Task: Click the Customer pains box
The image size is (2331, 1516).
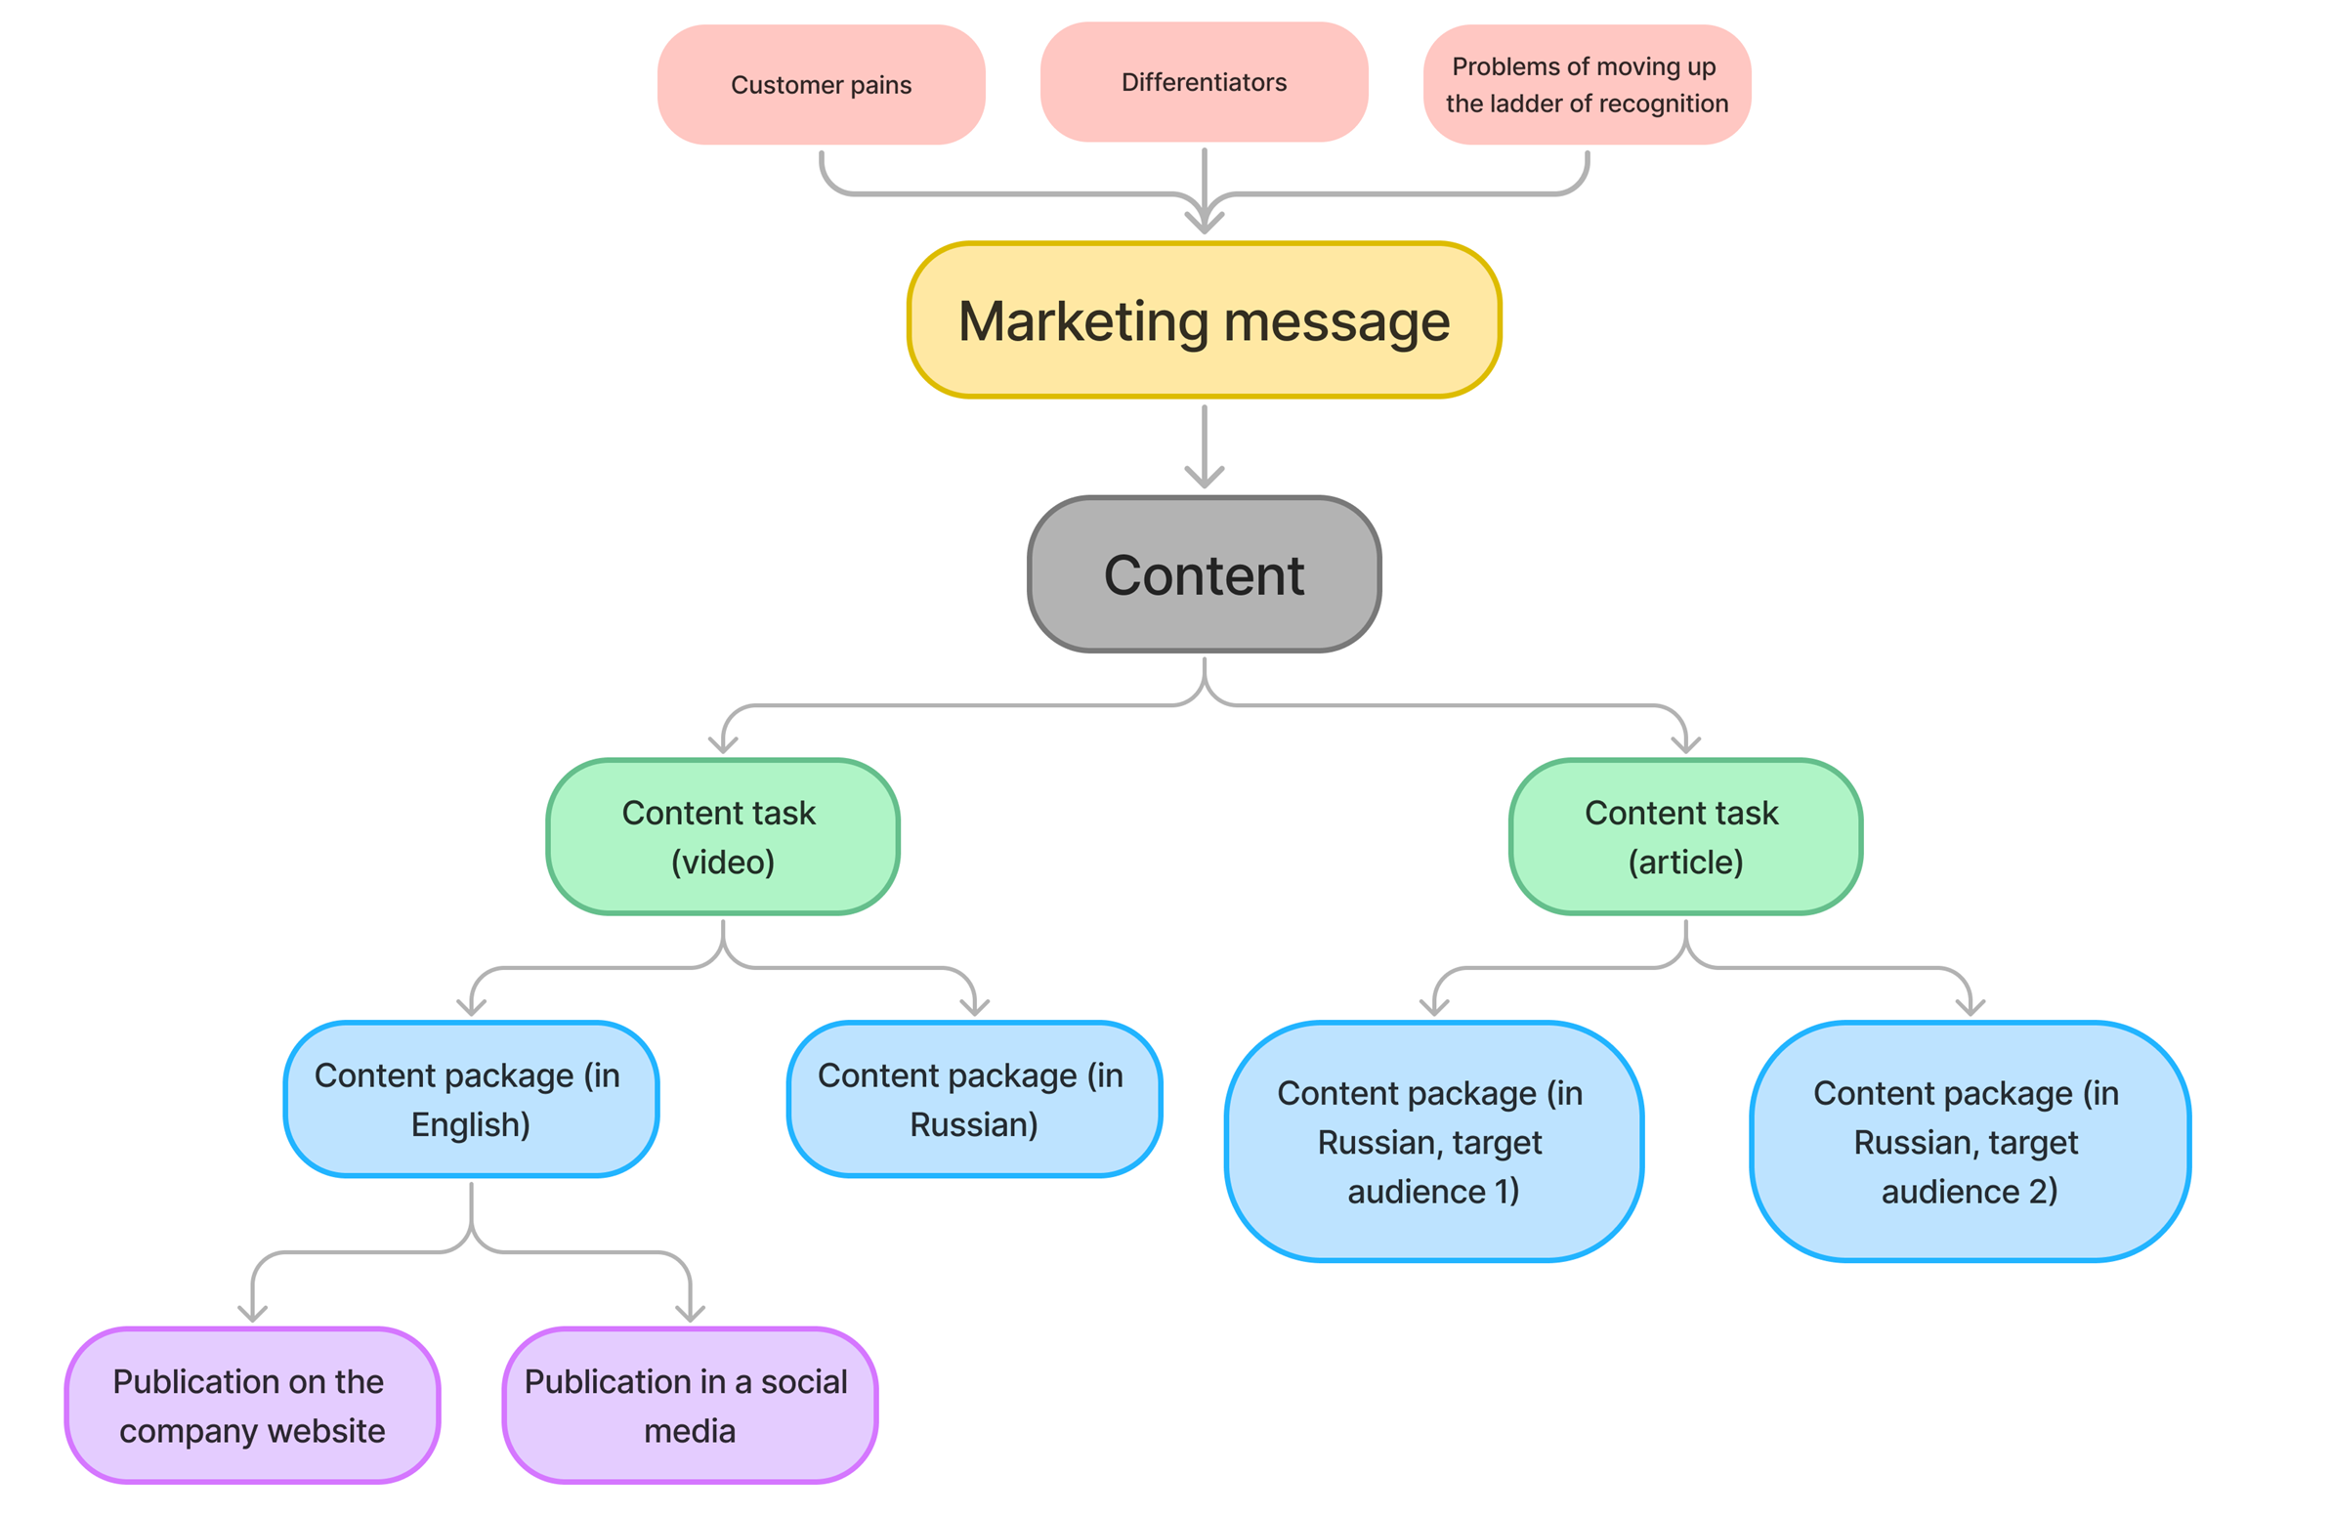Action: click(821, 85)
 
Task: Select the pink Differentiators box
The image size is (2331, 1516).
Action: click(1204, 82)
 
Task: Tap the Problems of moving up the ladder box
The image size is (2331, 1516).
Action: click(1587, 85)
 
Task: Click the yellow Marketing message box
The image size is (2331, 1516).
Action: click(1204, 320)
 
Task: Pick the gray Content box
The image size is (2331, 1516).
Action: click(1204, 574)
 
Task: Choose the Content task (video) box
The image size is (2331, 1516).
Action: click(723, 836)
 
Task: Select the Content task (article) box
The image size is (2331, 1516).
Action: click(1684, 836)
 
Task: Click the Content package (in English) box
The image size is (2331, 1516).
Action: click(470, 1099)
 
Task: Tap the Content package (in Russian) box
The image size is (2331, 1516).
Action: click(974, 1099)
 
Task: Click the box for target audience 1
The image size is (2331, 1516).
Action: click(1433, 1141)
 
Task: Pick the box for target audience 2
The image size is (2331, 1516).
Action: click(1969, 1141)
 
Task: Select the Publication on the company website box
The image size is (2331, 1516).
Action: click(252, 1405)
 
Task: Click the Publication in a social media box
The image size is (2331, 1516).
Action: click(690, 1405)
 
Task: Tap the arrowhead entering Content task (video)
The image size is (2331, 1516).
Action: click(723, 745)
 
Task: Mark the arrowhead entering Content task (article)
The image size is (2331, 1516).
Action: click(1685, 745)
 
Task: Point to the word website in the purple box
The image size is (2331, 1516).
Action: click(326, 1430)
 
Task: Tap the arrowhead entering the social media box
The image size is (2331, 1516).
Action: click(690, 1313)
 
